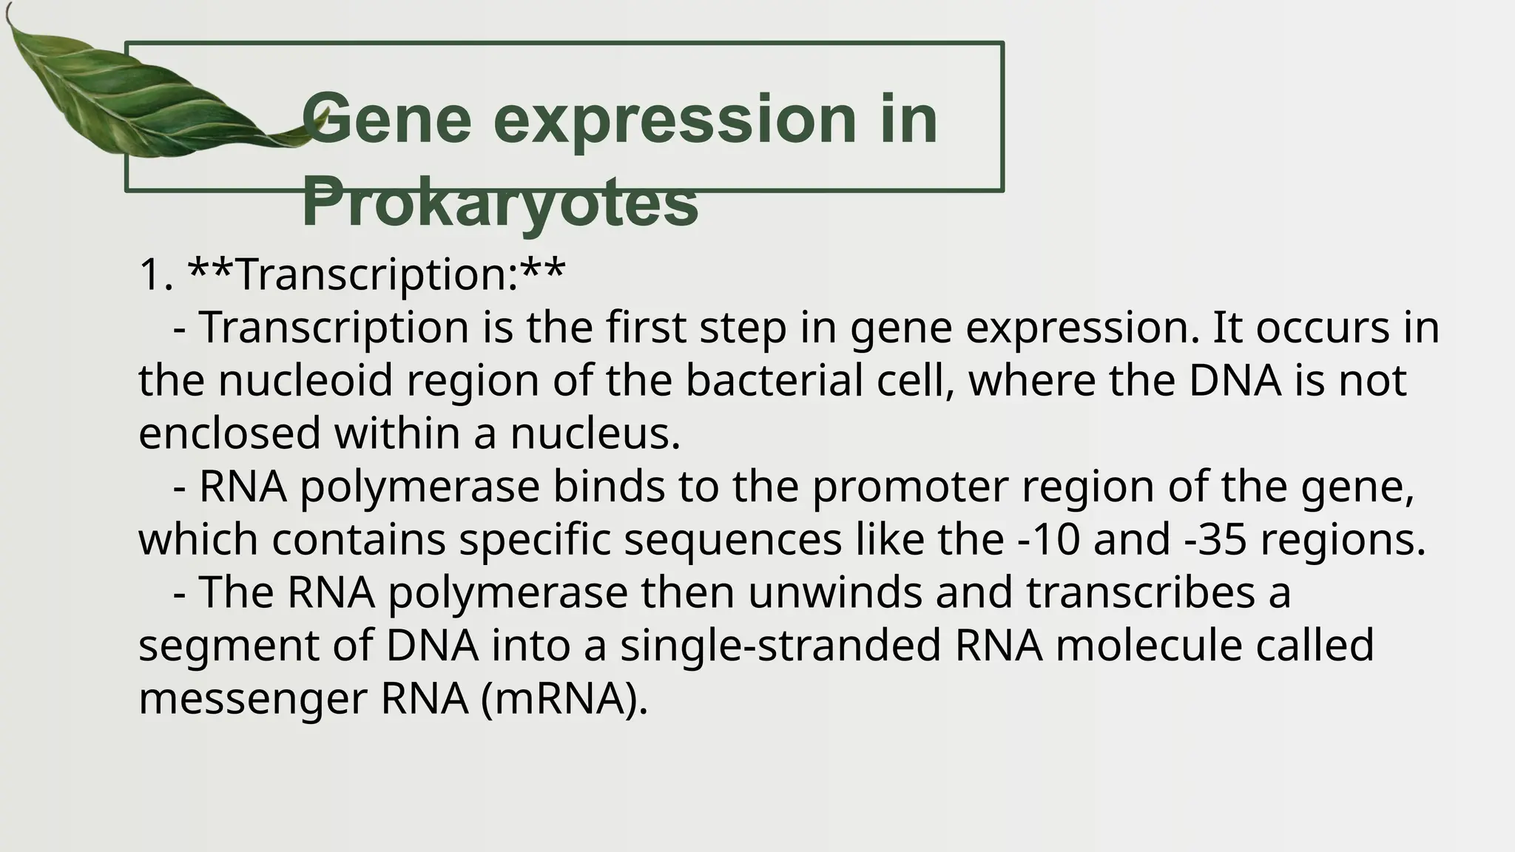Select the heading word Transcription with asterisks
376,274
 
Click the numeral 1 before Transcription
151,275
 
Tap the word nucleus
594,433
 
